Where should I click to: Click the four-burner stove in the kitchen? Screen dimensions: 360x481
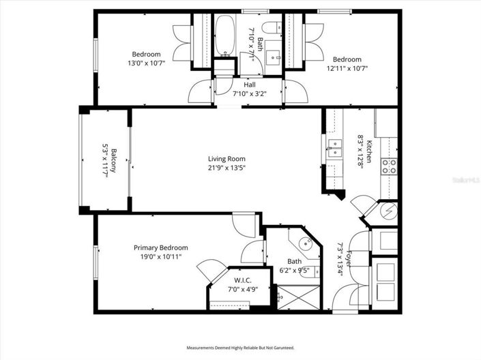(x=388, y=167)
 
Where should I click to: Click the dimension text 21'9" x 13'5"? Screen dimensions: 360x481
(x=227, y=168)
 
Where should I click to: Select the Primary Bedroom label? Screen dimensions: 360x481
(x=160, y=247)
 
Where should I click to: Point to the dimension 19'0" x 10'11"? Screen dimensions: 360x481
(x=160, y=257)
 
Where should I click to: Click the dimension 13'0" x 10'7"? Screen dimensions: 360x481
(x=146, y=63)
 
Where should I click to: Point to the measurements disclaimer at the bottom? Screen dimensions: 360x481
(x=239, y=348)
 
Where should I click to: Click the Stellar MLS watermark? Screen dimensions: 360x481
(x=465, y=179)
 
